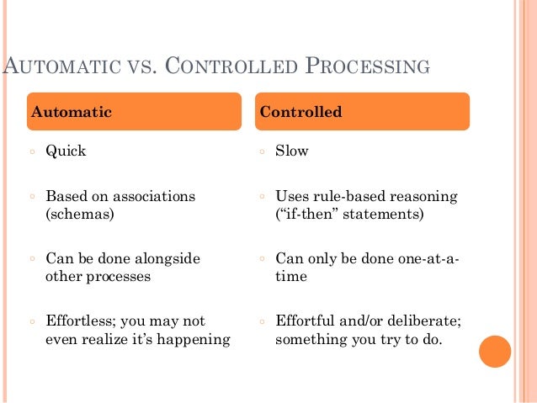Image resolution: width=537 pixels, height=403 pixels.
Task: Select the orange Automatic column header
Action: [x=135, y=112]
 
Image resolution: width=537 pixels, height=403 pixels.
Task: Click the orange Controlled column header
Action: [x=362, y=112]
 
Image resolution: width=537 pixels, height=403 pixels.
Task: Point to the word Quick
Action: [x=66, y=152]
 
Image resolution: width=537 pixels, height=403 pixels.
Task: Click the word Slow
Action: [x=292, y=152]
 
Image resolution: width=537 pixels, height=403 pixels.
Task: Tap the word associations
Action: [x=151, y=197]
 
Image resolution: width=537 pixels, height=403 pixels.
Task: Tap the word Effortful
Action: [x=306, y=321]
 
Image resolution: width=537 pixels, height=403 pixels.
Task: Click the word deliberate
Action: [x=425, y=321]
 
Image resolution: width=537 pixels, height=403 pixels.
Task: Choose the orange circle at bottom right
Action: [x=495, y=351]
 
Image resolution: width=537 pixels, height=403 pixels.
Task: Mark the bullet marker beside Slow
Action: [x=262, y=153]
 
